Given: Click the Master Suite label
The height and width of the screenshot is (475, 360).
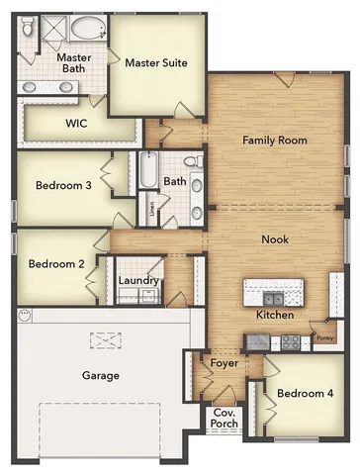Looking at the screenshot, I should pos(155,62).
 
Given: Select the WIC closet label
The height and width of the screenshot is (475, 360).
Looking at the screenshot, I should pos(77,124).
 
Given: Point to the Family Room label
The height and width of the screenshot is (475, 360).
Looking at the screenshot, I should pos(275,141).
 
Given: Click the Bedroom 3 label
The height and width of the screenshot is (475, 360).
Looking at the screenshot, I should pos(64,185).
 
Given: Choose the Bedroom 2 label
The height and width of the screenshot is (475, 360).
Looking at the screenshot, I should pos(55,264).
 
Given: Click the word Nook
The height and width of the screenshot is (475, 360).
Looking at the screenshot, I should pos(275,239).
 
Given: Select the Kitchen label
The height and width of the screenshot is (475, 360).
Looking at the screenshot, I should pos(275,315).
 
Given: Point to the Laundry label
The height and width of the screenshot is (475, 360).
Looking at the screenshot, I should pos(138,281).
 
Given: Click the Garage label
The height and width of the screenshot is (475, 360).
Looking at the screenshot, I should pos(101,375).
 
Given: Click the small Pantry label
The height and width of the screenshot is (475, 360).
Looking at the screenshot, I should pos(324,338).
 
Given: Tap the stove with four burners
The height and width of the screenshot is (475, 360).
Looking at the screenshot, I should pos(291,341).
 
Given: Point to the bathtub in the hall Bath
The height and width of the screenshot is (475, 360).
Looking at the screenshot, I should pos(149,172).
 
